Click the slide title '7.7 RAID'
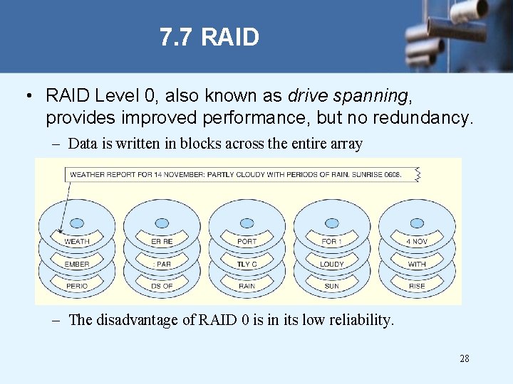coord(209,37)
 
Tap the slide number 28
coord(464,358)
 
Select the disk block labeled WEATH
coord(77,242)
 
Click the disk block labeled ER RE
coord(162,242)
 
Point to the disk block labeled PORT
coord(247,242)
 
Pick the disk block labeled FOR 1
coord(332,242)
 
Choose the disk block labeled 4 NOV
coord(417,242)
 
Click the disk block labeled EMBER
coord(77,264)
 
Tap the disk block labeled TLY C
coord(247,264)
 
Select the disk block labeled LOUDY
coord(332,264)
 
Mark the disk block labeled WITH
coord(417,264)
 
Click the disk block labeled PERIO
coord(77,286)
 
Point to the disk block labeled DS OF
coord(162,286)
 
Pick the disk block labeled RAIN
coord(247,286)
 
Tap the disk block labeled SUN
coord(332,286)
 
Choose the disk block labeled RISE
coord(417,286)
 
